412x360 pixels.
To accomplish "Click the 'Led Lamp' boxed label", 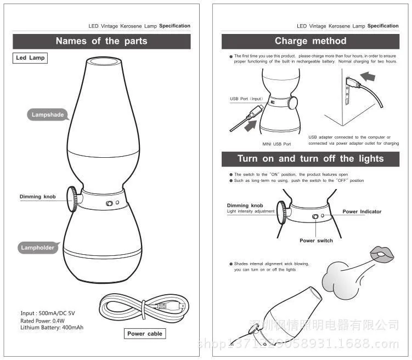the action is coord(30,58).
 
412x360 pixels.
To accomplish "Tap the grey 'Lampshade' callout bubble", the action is coord(47,115).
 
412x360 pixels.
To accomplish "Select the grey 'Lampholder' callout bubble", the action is coord(38,248).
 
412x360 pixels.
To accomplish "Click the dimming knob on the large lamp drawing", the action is coord(72,199).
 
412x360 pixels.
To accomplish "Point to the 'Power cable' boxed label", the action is coord(145,334).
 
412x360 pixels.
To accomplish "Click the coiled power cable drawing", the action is coord(144,306).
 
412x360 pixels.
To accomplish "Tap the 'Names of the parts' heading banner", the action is coord(101,41).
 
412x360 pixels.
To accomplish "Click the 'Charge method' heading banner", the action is coord(311,41).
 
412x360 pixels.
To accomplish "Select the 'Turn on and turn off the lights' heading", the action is coord(311,159).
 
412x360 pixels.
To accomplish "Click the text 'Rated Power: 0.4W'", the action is coord(42,321).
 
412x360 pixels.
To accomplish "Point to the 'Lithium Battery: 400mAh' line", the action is coord(52,328).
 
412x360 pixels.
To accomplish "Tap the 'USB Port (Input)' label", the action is coord(246,99).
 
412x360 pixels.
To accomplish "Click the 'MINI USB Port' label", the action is coord(276,144).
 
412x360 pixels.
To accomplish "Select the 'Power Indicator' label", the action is coord(362,212).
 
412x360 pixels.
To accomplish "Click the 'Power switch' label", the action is coord(316,241).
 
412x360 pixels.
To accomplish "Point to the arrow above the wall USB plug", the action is coord(368,77).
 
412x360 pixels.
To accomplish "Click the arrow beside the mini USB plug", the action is coord(250,125).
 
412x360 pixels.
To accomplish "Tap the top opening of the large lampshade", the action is coord(104,62).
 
